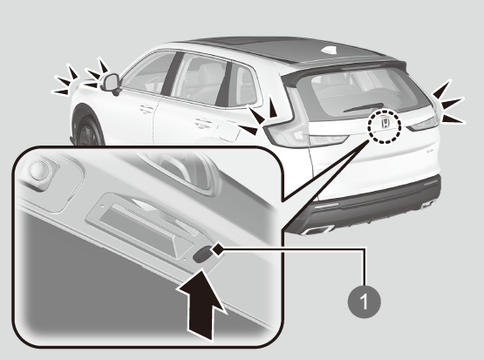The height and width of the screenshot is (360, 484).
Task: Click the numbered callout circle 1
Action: coord(365,302)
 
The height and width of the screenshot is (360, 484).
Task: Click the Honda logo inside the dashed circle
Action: coord(385,123)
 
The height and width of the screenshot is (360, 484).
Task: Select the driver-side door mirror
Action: coord(111,83)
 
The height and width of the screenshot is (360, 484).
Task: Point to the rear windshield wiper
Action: coord(364,107)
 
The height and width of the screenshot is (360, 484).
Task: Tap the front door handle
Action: coord(147,109)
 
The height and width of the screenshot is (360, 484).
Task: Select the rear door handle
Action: coord(203,124)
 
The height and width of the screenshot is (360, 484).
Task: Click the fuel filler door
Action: coord(229,131)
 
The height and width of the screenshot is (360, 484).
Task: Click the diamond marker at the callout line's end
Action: coord(218,248)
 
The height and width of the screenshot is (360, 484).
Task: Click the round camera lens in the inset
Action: coord(39,170)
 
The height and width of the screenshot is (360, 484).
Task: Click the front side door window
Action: coord(147,73)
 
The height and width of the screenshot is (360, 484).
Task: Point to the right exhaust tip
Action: coord(428,204)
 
